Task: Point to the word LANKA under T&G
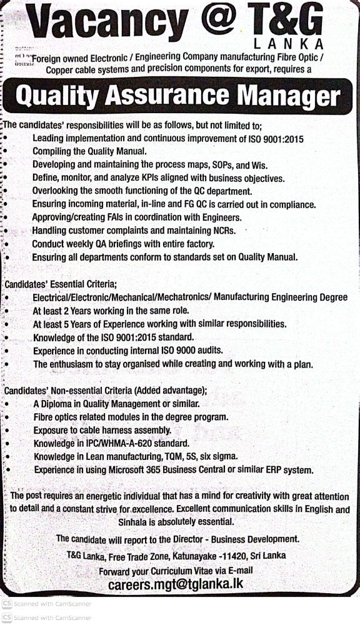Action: click(x=291, y=44)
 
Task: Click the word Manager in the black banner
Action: click(x=291, y=96)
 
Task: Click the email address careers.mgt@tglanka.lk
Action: click(x=175, y=585)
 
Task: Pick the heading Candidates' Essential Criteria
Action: click(x=61, y=284)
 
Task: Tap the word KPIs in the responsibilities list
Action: click(x=152, y=178)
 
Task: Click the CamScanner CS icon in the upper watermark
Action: click(x=6, y=604)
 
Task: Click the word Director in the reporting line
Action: click(x=200, y=539)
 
